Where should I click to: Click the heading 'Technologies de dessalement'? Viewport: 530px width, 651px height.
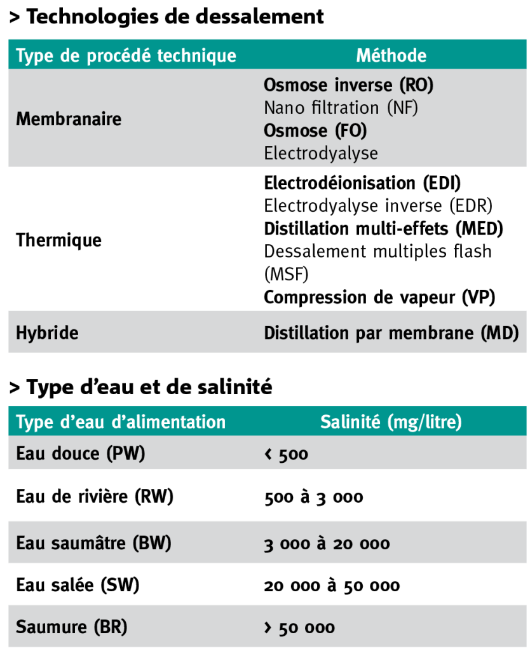[x=166, y=17]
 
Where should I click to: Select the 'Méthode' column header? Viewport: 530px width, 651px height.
[x=391, y=55]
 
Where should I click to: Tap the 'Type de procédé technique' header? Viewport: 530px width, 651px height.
[x=126, y=55]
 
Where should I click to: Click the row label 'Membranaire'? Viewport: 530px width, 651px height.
[x=68, y=119]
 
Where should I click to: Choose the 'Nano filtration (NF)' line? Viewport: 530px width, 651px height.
[x=341, y=107]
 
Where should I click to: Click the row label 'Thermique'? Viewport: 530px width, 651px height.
[x=58, y=240]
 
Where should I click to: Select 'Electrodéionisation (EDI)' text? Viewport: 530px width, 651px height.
[x=362, y=183]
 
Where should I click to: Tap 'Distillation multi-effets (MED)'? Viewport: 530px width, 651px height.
[x=383, y=228]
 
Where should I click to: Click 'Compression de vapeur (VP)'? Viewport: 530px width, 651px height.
[x=379, y=297]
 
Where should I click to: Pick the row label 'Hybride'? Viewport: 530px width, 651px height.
[x=47, y=332]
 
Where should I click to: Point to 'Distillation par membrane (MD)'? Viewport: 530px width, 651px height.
[x=391, y=332]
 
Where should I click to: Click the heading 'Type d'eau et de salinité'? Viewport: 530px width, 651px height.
[x=140, y=386]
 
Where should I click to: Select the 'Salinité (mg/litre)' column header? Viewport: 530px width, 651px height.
[x=391, y=421]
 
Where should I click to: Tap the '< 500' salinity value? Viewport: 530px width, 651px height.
[x=286, y=455]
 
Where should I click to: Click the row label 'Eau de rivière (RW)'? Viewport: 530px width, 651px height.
[x=95, y=497]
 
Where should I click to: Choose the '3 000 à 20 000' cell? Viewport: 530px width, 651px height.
[x=327, y=544]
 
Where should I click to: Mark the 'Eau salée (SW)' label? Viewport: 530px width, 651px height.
[x=78, y=585]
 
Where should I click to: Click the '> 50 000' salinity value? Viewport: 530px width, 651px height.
[x=299, y=628]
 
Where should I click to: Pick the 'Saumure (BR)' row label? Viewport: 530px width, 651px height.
[x=71, y=627]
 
